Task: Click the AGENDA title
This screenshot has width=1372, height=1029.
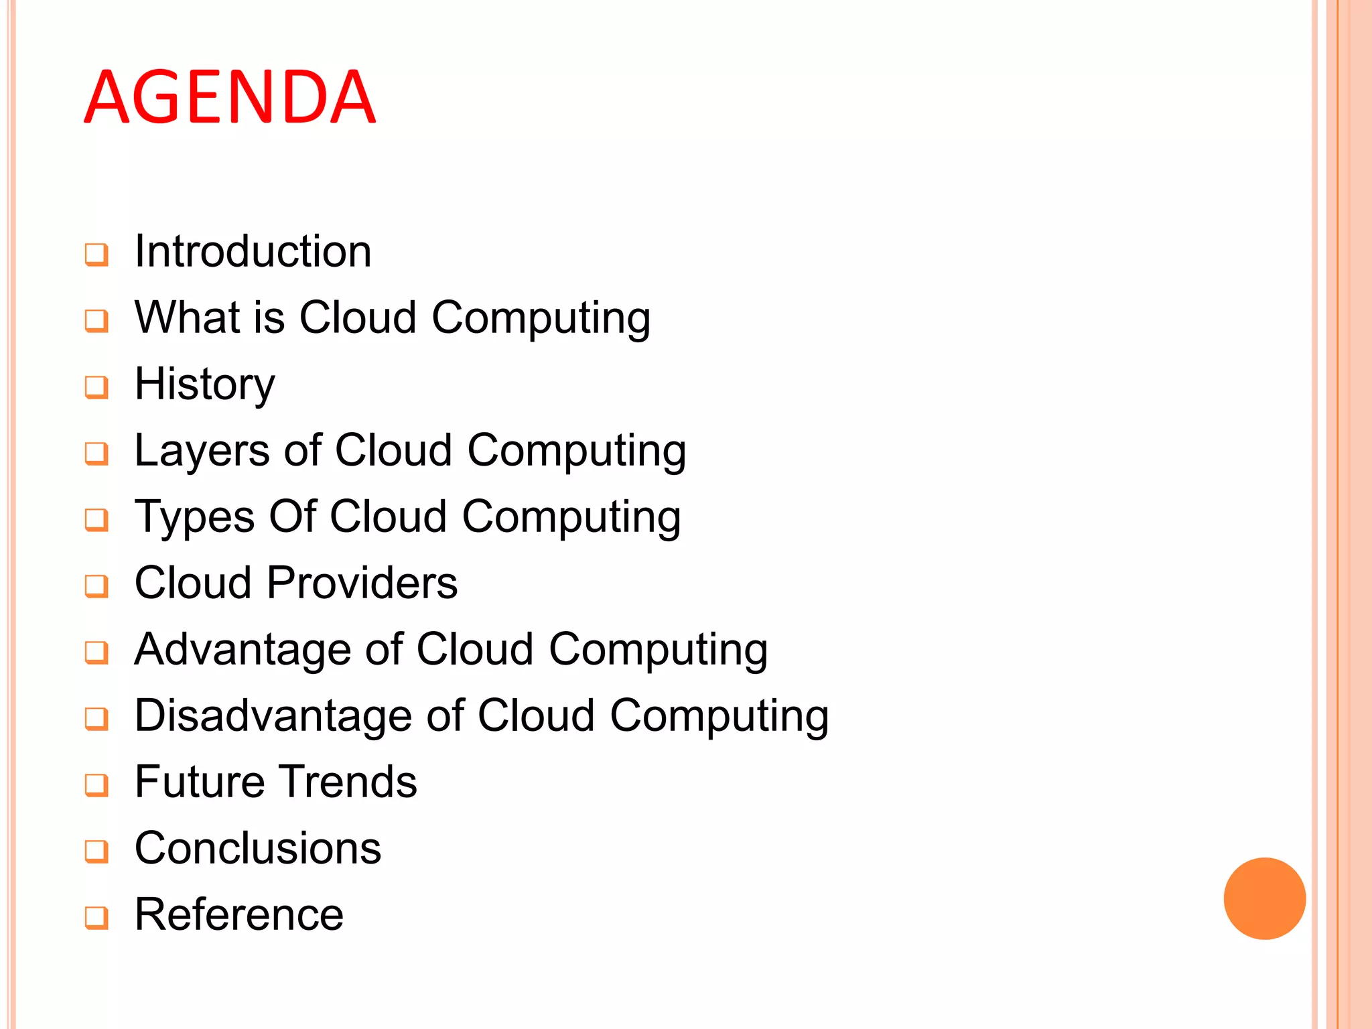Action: [230, 97]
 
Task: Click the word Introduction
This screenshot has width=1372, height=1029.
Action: [253, 251]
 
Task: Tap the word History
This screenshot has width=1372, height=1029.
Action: [204, 385]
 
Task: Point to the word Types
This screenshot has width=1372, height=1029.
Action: [194, 518]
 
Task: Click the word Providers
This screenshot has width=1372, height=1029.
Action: [362, 582]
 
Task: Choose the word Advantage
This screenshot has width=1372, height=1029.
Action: [243, 649]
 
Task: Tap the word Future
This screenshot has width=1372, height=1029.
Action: [200, 782]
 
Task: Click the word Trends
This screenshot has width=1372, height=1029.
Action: [348, 782]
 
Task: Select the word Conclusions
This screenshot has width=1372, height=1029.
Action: [257, 848]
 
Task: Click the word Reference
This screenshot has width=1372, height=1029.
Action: [238, 914]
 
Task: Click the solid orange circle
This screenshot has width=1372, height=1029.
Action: [1264, 898]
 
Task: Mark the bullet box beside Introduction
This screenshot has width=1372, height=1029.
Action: [96, 255]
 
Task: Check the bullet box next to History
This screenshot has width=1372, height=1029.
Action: [96, 387]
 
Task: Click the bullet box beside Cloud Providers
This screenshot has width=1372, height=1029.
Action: [96, 586]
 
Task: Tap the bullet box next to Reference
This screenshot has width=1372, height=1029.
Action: [96, 918]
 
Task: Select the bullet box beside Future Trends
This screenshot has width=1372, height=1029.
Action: [96, 785]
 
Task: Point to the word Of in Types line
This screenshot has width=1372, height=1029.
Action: [292, 517]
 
